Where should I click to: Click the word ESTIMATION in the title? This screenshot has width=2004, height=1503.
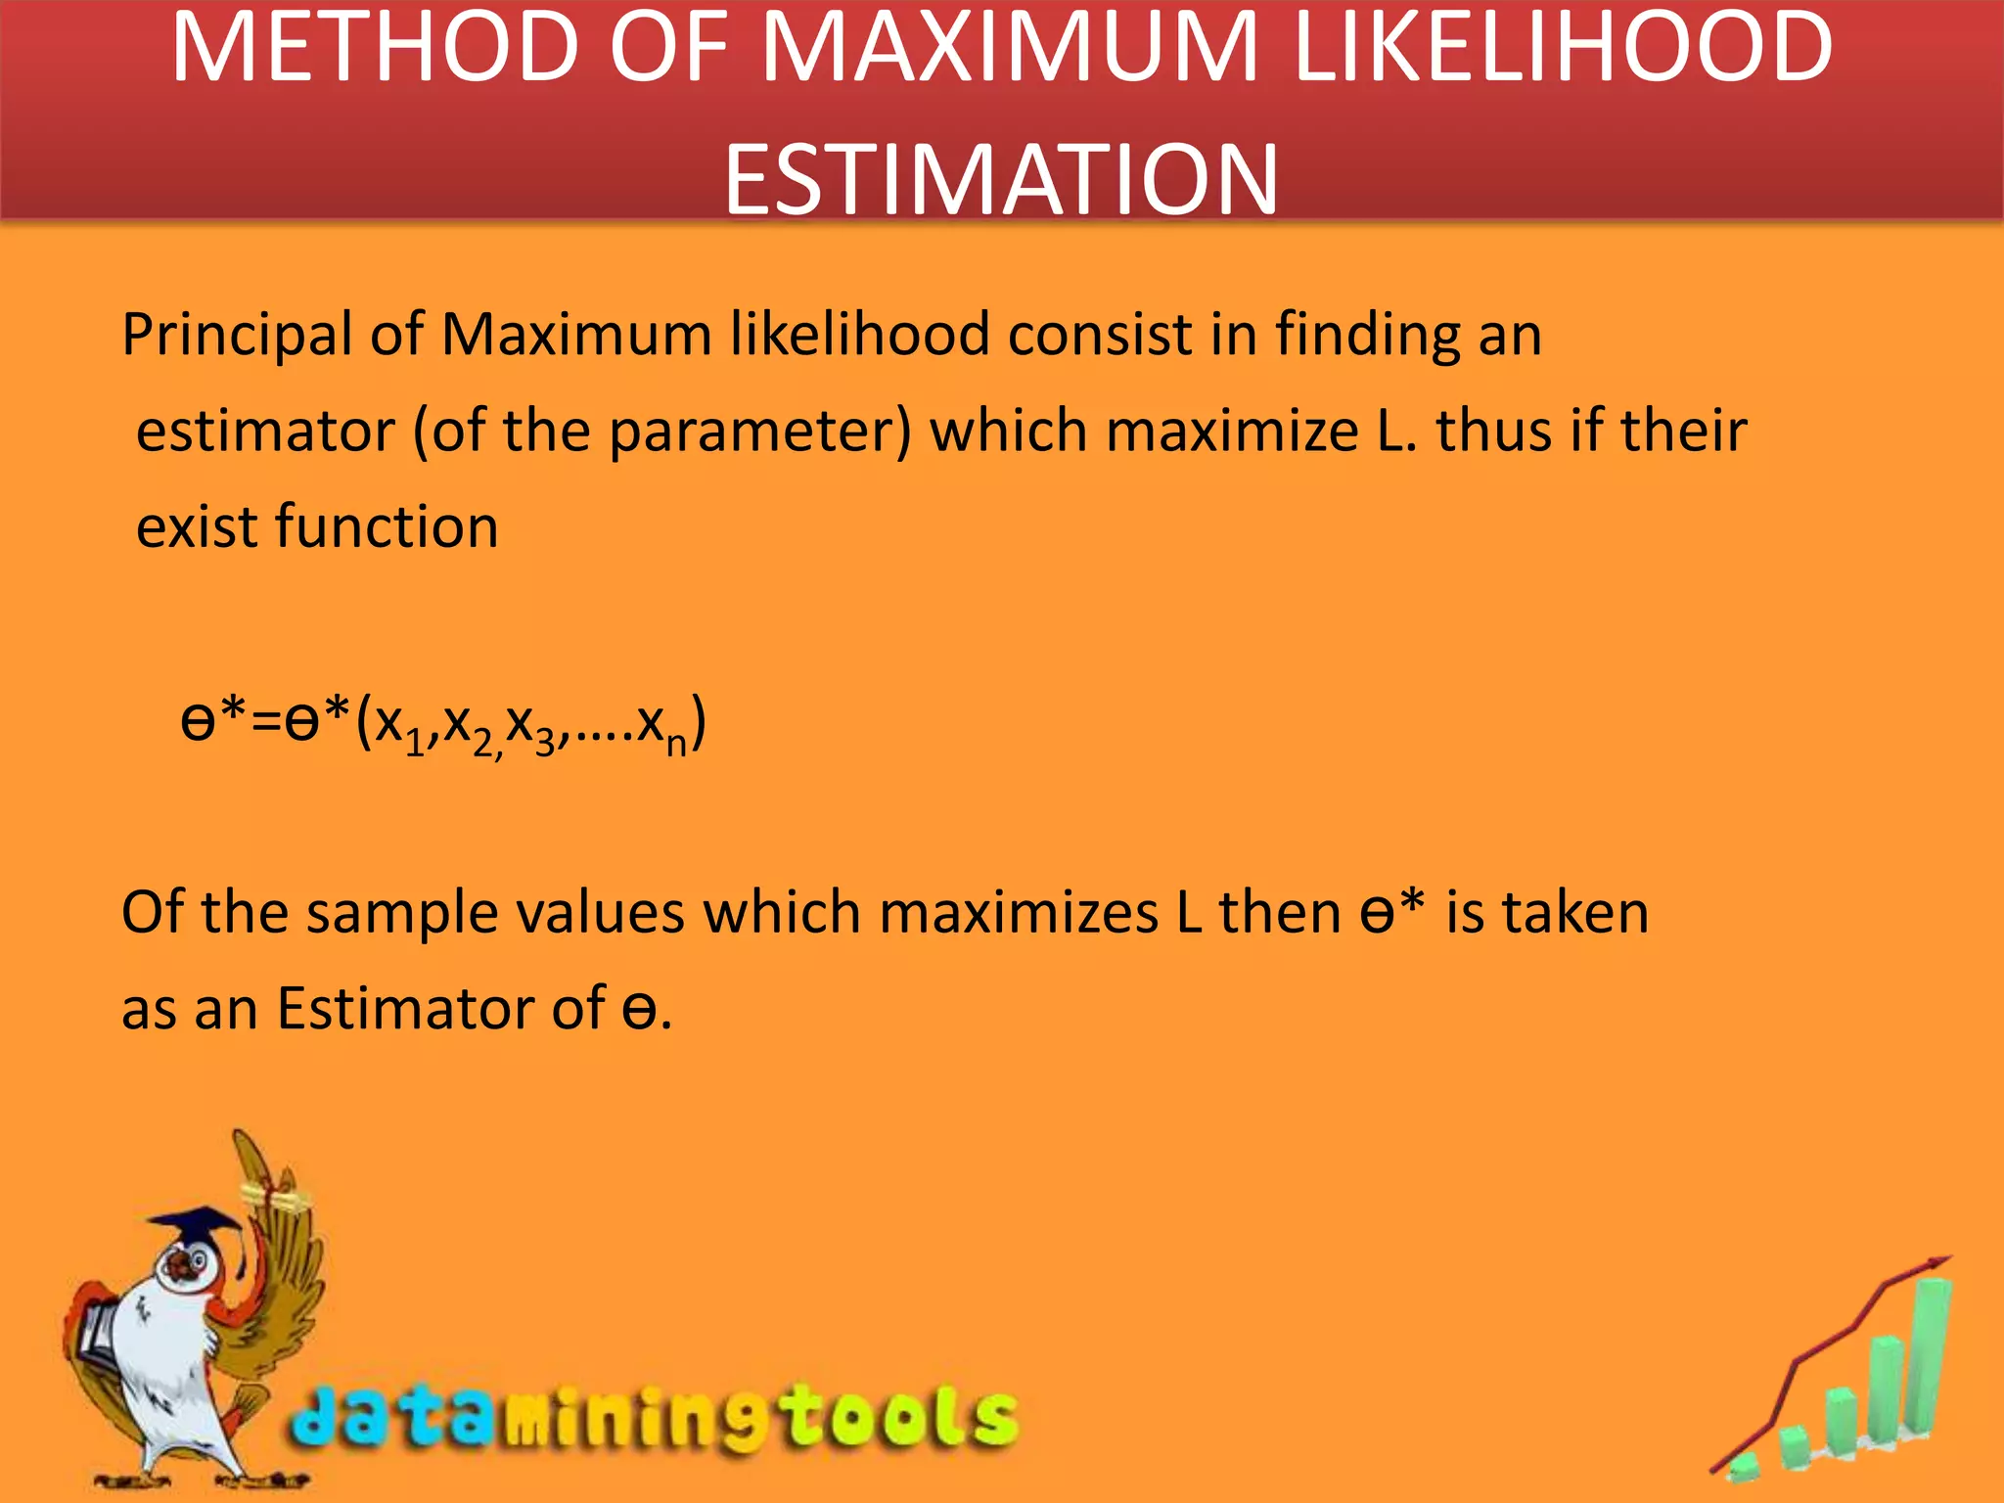1001,179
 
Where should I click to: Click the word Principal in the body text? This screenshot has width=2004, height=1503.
236,336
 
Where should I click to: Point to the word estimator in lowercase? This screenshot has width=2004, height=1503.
265,431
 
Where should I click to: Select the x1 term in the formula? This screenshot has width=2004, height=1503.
402,727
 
